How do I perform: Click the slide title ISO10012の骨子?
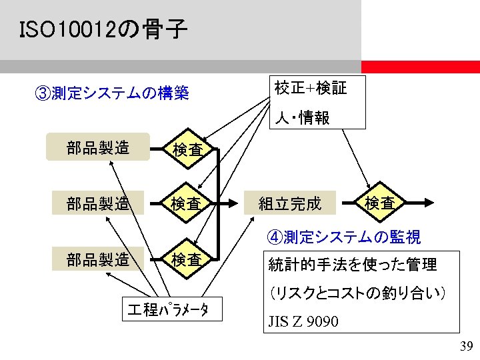[103, 30]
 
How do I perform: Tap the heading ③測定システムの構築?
[111, 93]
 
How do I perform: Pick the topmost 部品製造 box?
[98, 147]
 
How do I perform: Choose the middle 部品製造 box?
[98, 203]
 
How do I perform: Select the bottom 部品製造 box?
[98, 259]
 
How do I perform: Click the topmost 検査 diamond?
[187, 150]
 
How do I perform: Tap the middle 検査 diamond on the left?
[187, 203]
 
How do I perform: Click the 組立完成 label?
[289, 203]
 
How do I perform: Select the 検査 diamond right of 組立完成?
[379, 203]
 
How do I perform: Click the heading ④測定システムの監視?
[343, 237]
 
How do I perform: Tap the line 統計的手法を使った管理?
[352, 265]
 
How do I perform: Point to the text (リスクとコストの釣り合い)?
[357, 293]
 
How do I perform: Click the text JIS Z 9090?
[303, 321]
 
